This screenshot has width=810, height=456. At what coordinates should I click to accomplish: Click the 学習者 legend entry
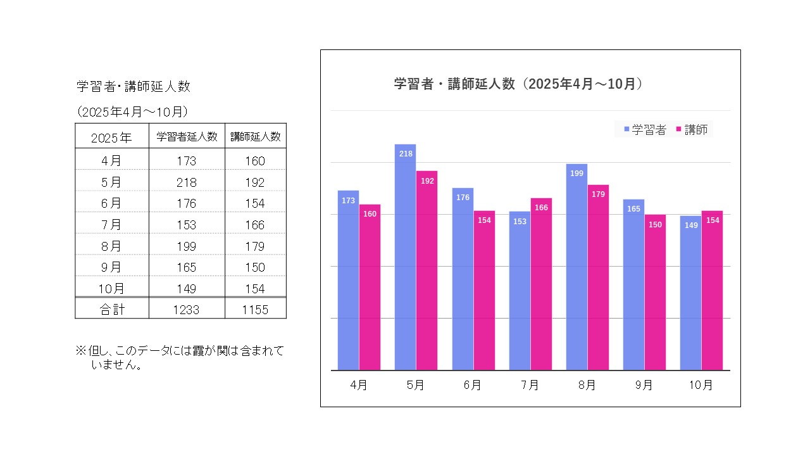(x=645, y=130)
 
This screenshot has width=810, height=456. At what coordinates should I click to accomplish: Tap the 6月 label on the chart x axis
(x=473, y=385)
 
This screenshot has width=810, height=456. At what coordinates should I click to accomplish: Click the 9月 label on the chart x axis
(x=644, y=385)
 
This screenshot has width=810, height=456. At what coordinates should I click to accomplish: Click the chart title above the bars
(x=518, y=84)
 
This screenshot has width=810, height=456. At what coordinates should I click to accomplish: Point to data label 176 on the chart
(x=463, y=198)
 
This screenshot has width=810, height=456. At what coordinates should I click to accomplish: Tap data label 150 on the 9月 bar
(x=655, y=224)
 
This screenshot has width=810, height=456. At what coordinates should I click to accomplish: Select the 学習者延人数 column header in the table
(x=187, y=136)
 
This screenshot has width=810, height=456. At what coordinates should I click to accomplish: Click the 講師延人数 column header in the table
(x=256, y=136)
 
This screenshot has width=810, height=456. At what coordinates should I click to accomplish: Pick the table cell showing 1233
(x=187, y=310)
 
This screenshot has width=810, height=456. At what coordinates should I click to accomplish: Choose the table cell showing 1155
(x=256, y=310)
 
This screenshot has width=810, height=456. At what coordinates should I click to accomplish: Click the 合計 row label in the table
(x=111, y=310)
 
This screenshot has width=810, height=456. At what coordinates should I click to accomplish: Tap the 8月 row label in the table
(x=111, y=246)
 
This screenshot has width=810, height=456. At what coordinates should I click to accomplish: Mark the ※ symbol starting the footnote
(x=80, y=350)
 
